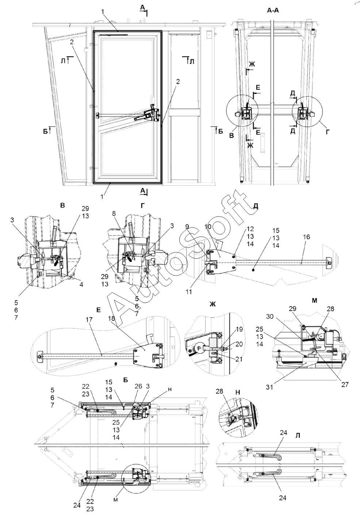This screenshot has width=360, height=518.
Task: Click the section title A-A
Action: point(273,11)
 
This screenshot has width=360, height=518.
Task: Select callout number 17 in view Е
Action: point(89,319)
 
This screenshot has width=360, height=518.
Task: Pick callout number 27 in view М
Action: point(345,384)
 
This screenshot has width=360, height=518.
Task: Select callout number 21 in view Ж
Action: point(238,359)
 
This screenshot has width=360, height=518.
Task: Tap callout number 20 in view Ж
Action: point(239,344)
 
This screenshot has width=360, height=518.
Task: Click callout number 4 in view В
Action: point(81,284)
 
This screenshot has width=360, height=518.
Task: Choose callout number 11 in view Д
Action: point(188,292)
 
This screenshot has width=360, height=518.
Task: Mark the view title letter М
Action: point(314,300)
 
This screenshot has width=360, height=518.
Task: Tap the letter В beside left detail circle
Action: point(231,135)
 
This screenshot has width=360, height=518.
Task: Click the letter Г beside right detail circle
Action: point(328,132)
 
